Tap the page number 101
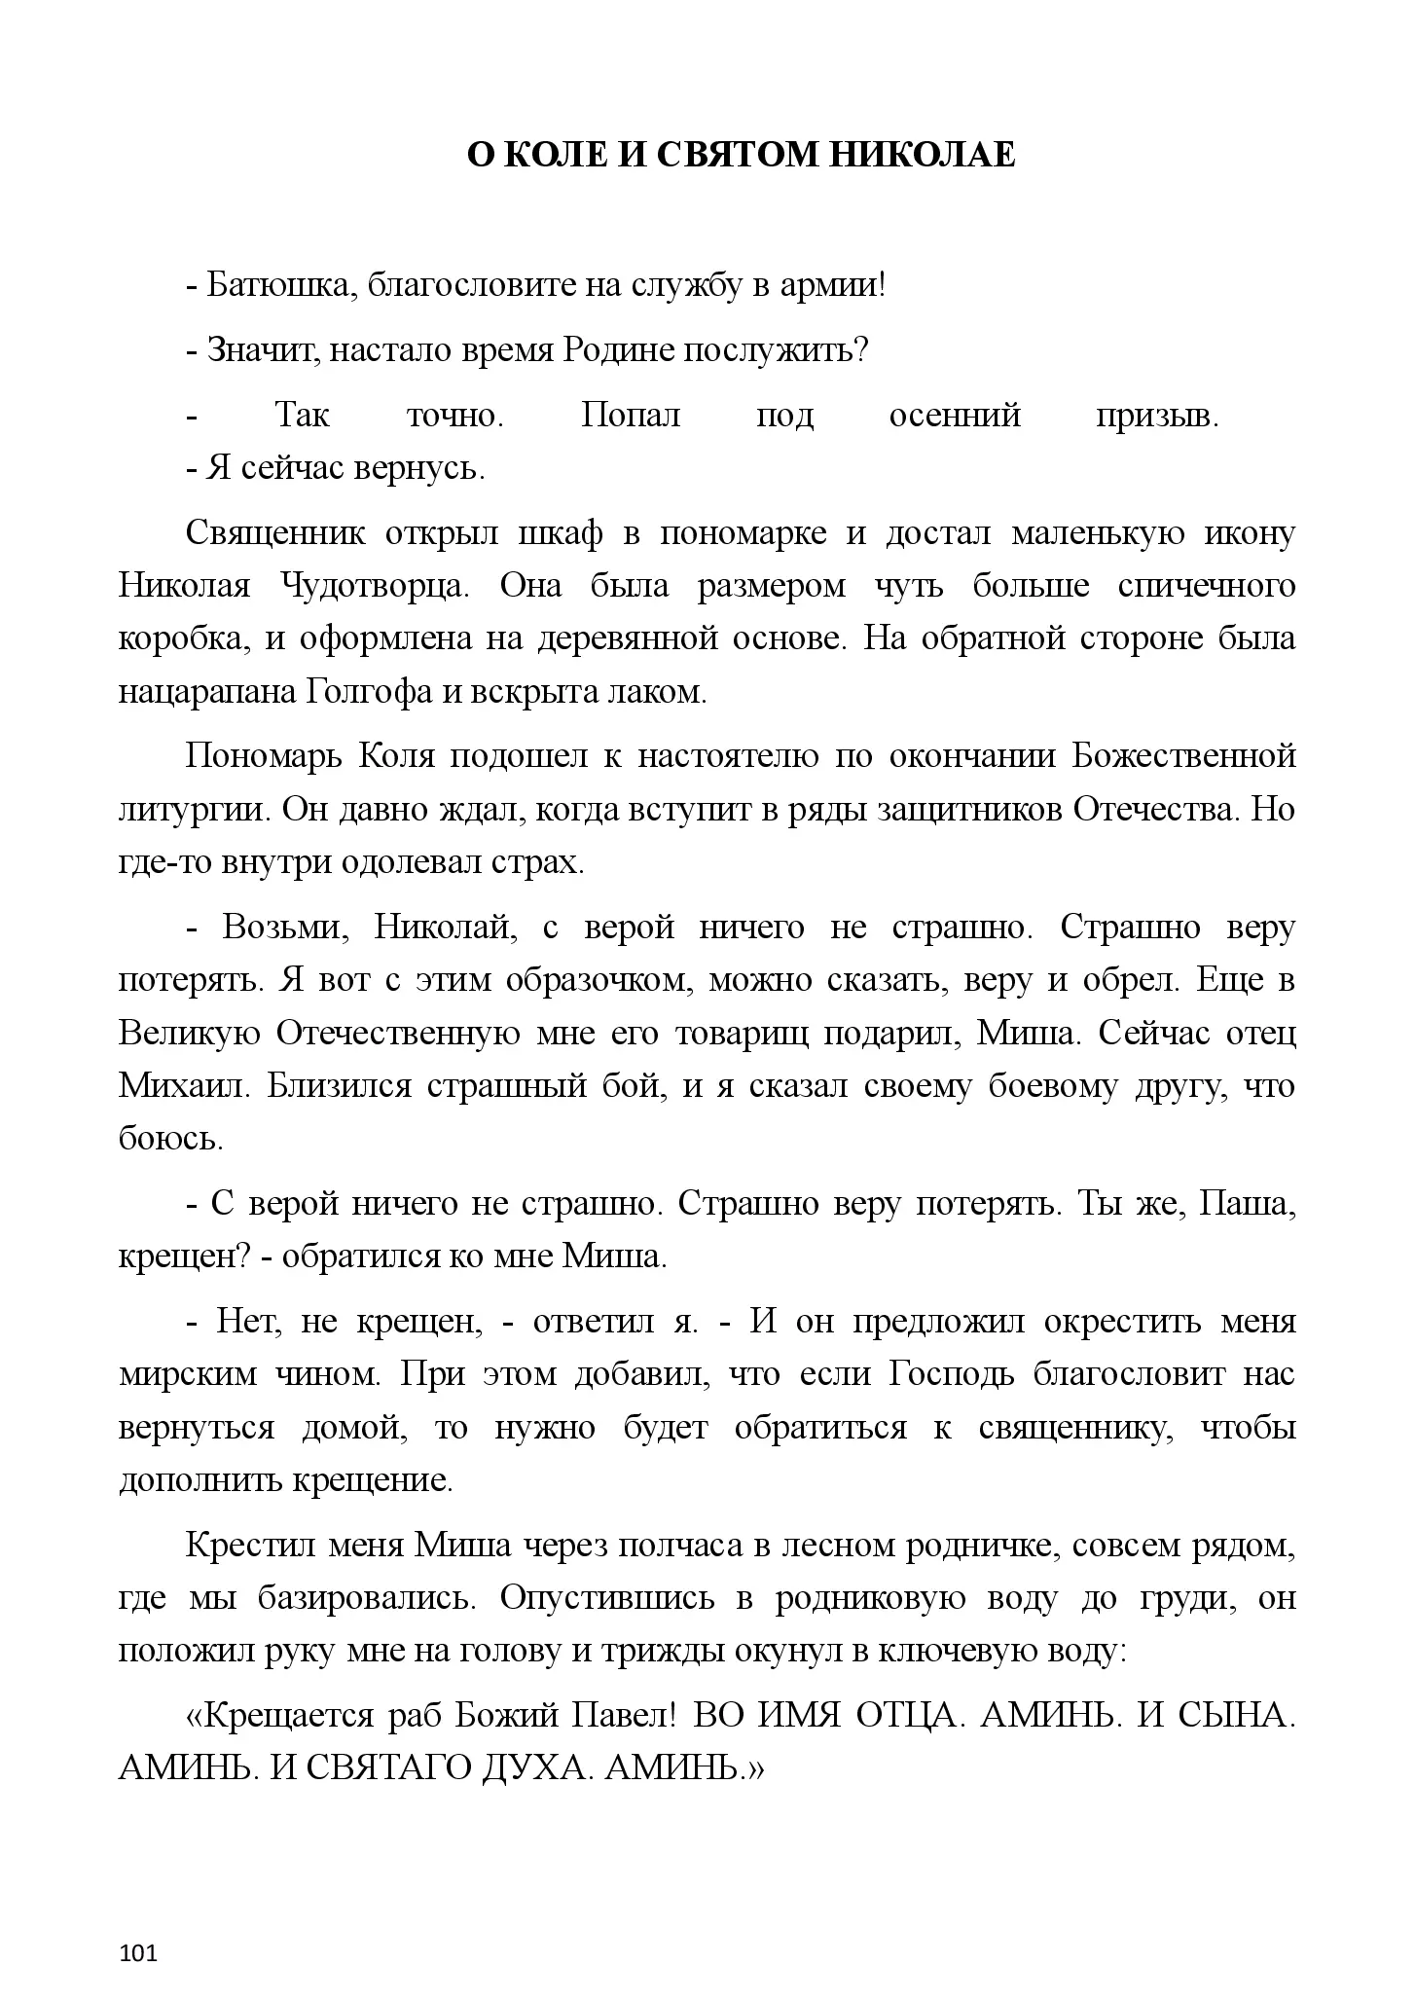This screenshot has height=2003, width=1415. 137,1926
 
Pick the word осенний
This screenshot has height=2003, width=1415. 955,416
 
